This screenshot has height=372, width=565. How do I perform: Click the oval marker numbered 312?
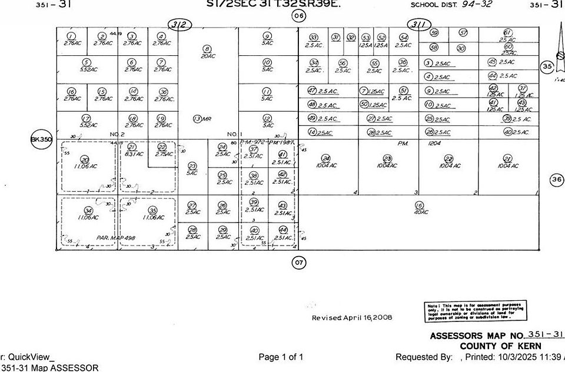181,25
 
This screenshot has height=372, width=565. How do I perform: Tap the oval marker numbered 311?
419,25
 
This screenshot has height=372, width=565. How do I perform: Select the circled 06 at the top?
299,16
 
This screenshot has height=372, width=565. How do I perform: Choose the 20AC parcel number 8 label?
207,52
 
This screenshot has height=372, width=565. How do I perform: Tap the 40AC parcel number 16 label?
420,208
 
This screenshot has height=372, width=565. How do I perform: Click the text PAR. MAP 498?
115,237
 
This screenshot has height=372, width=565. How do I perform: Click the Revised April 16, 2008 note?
351,317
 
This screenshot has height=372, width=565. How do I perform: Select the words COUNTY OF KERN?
500,346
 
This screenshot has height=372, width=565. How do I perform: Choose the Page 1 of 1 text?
281,357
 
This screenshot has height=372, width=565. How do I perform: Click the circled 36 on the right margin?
556,179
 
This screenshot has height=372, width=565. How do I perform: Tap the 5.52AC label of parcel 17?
87,121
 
